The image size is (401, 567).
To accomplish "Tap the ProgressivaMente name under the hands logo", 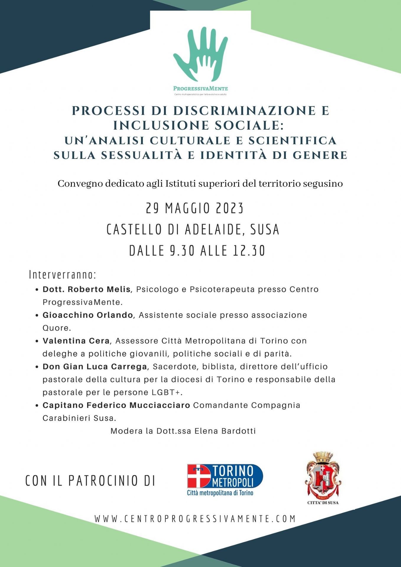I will pos(200,88).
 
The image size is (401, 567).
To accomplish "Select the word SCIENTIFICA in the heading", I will pos(292,141).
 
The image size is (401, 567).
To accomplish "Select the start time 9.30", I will pos(182,251).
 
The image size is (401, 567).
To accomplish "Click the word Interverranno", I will pos(63,275).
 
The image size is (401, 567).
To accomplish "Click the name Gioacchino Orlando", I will pos(88,315).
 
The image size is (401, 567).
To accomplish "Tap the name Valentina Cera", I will pos(76,341).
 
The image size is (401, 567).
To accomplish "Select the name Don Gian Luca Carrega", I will pos(95,366).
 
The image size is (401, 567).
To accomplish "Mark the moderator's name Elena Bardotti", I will pos(225,431).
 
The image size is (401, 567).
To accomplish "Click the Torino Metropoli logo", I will pos(225,480).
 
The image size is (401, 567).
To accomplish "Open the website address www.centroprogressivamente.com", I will pos(195,519).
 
